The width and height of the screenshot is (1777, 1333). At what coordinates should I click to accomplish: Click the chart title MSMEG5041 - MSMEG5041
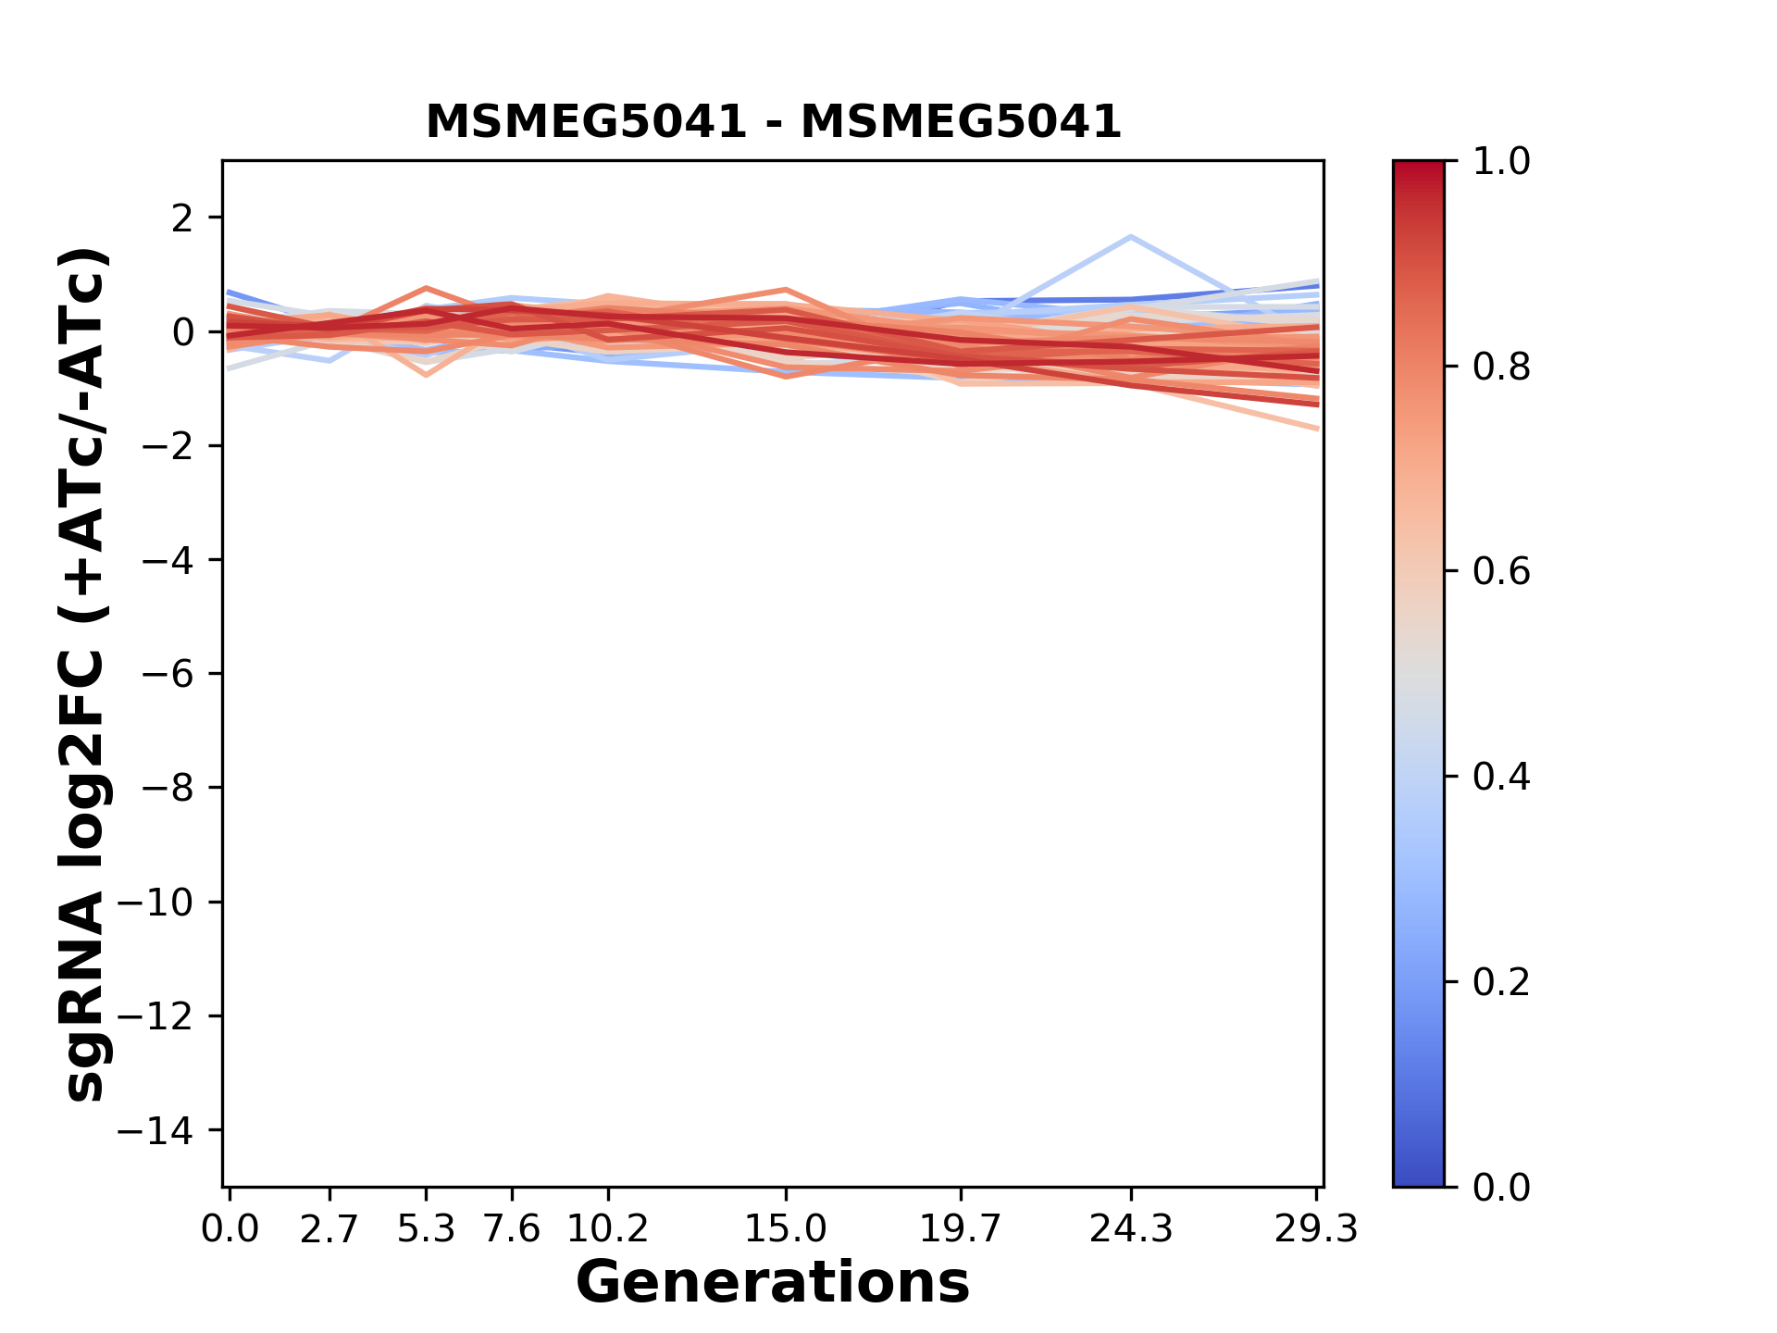(x=773, y=122)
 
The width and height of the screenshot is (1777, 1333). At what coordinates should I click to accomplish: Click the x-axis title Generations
(x=773, y=1283)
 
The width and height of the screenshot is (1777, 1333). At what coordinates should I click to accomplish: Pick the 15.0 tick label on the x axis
(x=785, y=1229)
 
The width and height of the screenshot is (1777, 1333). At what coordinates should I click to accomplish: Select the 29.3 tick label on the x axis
(x=1316, y=1229)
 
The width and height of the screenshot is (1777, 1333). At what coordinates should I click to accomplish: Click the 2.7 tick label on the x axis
(x=329, y=1229)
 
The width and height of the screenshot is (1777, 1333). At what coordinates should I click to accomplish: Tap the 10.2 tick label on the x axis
(x=607, y=1229)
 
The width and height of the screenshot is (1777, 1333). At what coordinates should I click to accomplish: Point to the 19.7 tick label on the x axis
(x=961, y=1229)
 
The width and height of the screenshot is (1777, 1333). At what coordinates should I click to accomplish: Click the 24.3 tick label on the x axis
(x=1131, y=1229)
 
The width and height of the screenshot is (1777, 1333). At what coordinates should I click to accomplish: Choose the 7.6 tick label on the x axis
(x=512, y=1229)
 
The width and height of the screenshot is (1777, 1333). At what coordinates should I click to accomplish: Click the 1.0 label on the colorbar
(x=1501, y=162)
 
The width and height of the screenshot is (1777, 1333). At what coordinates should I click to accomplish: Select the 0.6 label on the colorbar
(x=1501, y=572)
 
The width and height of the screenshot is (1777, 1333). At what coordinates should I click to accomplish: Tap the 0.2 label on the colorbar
(x=1501, y=982)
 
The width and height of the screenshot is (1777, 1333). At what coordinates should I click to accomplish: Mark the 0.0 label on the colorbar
(x=1501, y=1188)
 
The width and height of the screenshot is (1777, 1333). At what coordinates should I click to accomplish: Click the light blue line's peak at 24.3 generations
(x=1131, y=237)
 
